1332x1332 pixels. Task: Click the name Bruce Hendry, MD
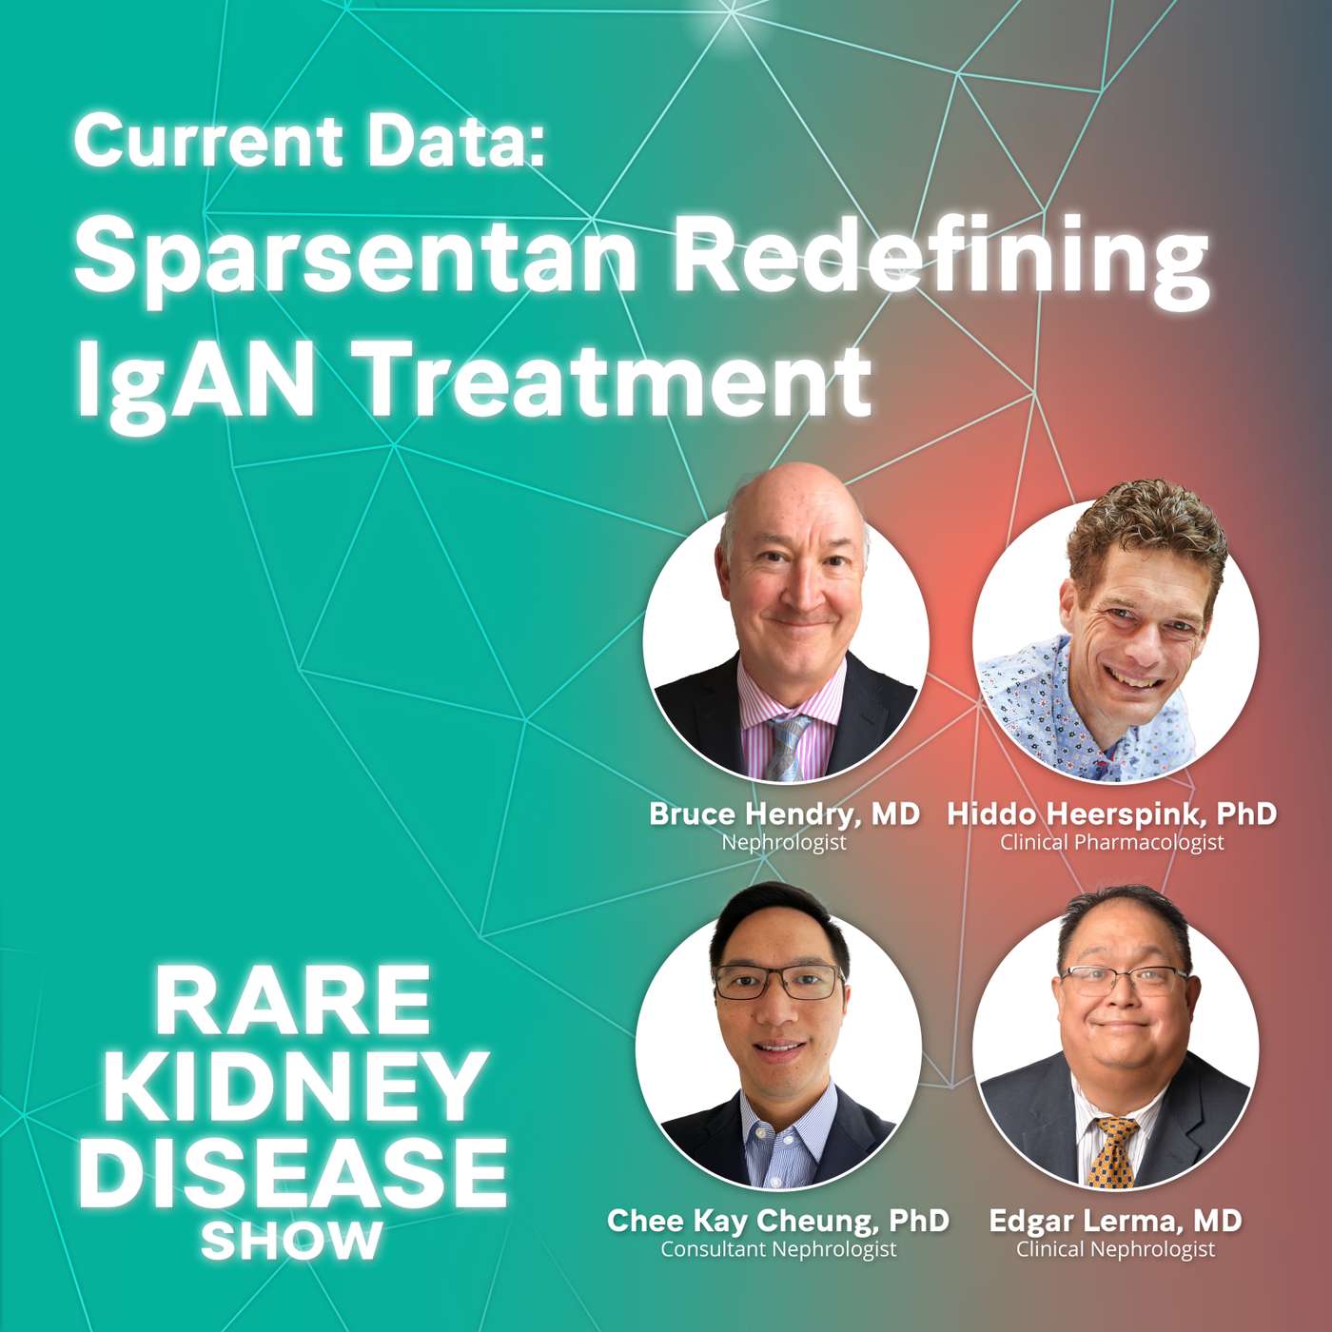pyautogui.click(x=784, y=813)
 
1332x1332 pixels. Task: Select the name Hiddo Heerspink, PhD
pyautogui.click(x=1111, y=813)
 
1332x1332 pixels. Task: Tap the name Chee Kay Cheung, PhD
pyautogui.click(x=777, y=1220)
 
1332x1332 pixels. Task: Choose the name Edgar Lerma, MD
pyautogui.click(x=1114, y=1220)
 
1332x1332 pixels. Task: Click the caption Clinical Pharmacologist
pyautogui.click(x=1111, y=842)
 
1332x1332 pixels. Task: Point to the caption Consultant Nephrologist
pyautogui.click(x=777, y=1248)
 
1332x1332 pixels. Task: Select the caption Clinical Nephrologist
pyautogui.click(x=1114, y=1248)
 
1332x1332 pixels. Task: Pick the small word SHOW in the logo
pyautogui.click(x=291, y=1239)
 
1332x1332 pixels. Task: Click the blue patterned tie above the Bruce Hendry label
pyautogui.click(x=788, y=747)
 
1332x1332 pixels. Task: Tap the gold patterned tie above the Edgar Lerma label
pyautogui.click(x=1114, y=1151)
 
